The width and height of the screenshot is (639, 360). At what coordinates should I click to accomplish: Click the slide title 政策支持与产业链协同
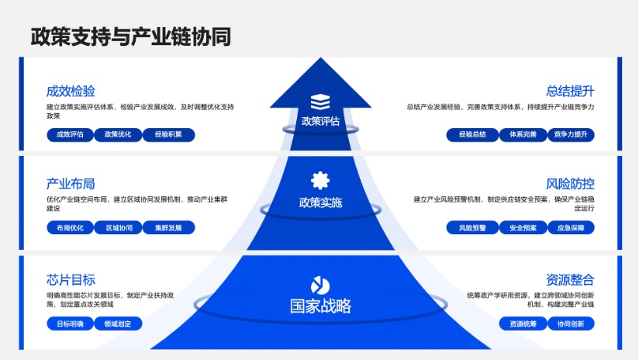(x=131, y=36)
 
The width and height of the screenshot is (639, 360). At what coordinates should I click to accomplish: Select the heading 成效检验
(x=71, y=91)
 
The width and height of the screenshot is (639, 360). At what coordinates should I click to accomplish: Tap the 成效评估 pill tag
(x=70, y=134)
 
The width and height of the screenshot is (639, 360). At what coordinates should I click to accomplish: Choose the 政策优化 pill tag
(x=118, y=134)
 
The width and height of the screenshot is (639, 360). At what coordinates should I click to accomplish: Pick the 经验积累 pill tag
(x=168, y=134)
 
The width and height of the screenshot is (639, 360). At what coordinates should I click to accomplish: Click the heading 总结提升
(x=570, y=91)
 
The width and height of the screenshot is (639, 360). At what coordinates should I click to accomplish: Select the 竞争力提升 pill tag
(x=571, y=134)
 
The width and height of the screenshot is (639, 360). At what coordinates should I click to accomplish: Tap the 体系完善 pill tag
(x=523, y=134)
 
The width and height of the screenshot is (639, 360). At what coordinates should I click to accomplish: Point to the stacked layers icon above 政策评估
(x=320, y=102)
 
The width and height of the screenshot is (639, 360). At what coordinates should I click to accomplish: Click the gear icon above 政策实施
(x=320, y=181)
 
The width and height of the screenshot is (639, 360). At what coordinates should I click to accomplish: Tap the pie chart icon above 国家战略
(x=320, y=286)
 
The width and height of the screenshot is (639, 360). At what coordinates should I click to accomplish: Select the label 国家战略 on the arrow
(x=320, y=306)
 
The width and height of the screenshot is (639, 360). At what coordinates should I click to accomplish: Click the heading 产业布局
(x=71, y=184)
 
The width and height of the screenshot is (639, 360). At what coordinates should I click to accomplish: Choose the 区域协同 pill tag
(x=119, y=227)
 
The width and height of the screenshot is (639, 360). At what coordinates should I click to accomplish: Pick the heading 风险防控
(x=570, y=184)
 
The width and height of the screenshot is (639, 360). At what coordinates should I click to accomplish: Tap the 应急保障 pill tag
(x=571, y=227)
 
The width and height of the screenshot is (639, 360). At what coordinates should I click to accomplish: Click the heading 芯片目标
(x=71, y=279)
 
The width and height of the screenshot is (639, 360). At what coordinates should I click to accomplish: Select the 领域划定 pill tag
(x=118, y=324)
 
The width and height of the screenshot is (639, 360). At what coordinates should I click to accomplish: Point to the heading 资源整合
(x=570, y=279)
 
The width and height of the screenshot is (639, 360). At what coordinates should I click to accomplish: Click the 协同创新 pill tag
(x=571, y=324)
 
